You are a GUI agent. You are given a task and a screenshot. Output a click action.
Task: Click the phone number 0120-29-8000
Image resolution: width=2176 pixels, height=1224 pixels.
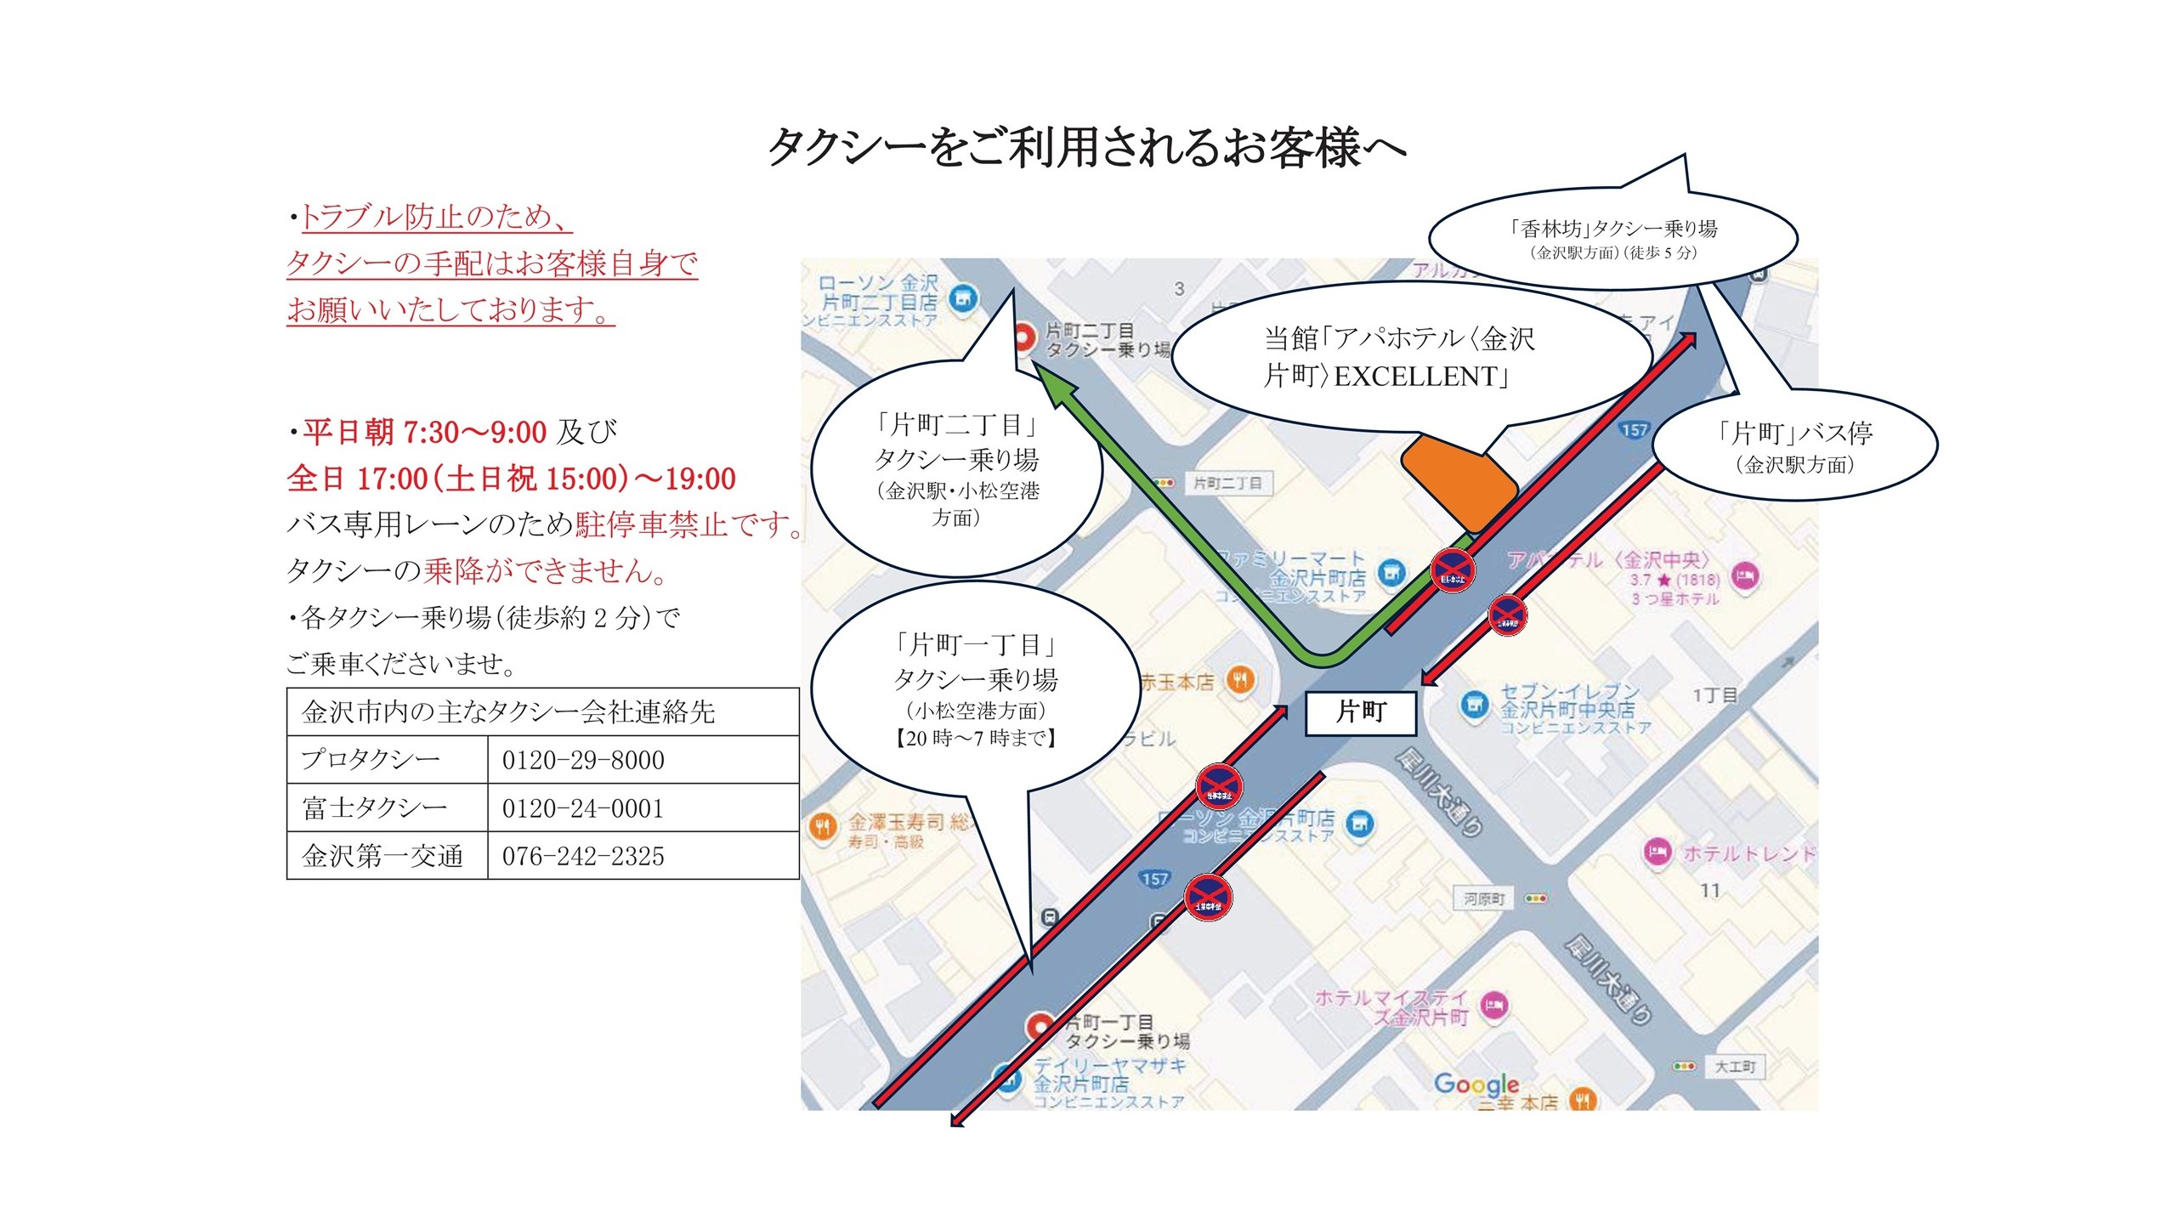coord(583,760)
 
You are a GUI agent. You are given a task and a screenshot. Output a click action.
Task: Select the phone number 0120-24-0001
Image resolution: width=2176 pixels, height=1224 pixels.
coord(583,808)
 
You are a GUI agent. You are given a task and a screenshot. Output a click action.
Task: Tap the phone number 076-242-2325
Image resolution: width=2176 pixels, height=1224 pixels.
coord(583,856)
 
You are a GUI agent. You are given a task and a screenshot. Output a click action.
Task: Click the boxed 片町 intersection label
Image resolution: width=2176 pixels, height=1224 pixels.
coord(1360,712)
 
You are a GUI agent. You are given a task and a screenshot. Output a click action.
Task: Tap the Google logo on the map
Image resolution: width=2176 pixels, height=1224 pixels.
coord(1476,1085)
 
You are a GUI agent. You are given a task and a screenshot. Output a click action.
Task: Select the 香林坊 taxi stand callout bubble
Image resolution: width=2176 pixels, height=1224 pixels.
coord(1612,239)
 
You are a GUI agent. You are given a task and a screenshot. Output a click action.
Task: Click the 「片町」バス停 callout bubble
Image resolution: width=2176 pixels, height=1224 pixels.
coord(1794,445)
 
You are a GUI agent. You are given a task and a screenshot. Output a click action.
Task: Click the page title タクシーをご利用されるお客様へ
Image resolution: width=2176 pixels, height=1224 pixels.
coord(1087,148)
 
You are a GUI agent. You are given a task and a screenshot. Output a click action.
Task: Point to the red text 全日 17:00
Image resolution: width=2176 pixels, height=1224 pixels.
coord(357,479)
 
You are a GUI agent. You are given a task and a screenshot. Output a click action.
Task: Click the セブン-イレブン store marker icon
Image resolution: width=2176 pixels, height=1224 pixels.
coord(1474,705)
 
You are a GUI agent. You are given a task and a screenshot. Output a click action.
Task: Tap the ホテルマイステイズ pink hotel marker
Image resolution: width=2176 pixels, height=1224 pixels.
coord(1495,1006)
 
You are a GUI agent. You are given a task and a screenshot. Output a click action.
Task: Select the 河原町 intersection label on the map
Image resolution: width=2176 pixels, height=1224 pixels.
coord(1484,898)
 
